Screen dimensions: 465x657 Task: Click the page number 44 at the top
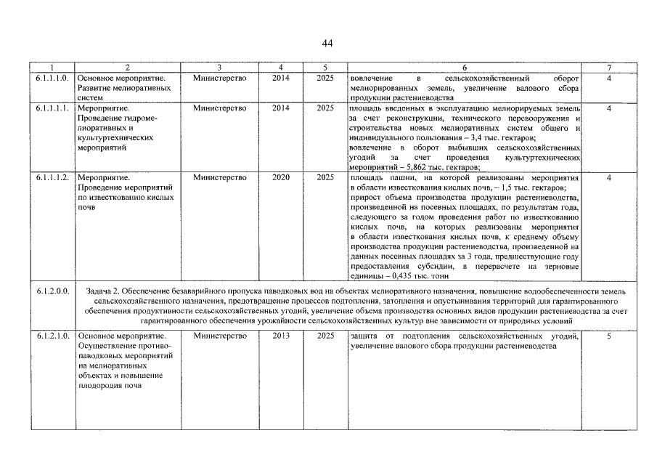click(x=327, y=44)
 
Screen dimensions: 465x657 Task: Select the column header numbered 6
click(x=464, y=68)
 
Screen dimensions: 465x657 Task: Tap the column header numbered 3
click(x=219, y=68)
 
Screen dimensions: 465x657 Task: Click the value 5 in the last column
click(x=609, y=336)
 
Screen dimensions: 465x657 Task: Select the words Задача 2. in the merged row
click(x=105, y=291)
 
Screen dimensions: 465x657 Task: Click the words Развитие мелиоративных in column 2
click(x=123, y=88)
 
